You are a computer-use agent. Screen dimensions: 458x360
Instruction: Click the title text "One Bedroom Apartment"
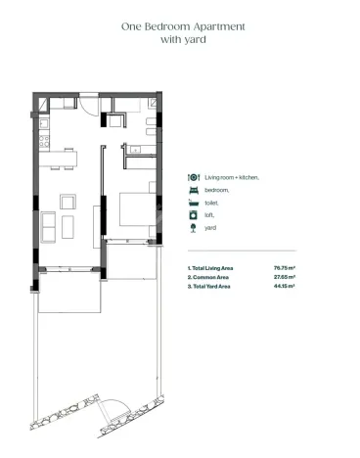click(x=179, y=26)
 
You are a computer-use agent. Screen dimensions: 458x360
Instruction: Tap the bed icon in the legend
click(x=194, y=191)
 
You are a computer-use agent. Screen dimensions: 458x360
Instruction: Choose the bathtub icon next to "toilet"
click(x=194, y=203)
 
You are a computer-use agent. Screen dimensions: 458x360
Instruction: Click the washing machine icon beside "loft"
click(x=194, y=215)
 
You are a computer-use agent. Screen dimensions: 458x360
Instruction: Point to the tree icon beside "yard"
click(x=194, y=228)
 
